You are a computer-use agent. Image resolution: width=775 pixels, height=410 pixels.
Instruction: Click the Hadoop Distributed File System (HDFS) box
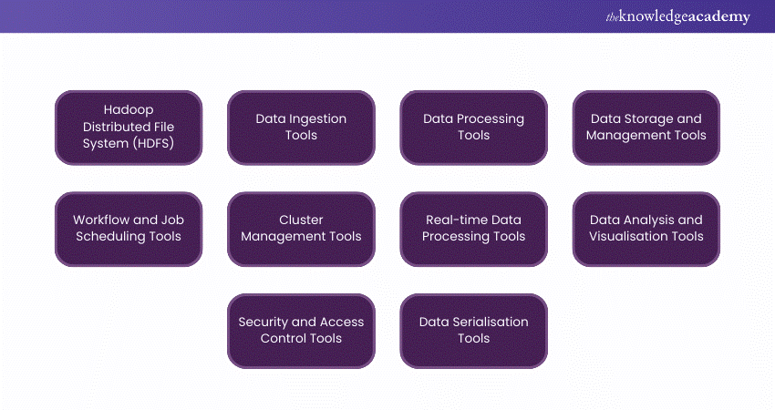[x=128, y=128]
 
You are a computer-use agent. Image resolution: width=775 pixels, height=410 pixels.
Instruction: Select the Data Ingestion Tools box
[x=301, y=128]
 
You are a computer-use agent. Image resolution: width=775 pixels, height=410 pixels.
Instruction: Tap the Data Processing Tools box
[x=473, y=128]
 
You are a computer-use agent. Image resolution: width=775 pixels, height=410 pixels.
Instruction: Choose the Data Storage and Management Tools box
[x=646, y=128]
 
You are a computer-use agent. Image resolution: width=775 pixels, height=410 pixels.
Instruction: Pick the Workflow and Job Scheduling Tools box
[x=128, y=229]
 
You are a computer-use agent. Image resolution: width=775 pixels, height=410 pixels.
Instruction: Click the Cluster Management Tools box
[x=301, y=229]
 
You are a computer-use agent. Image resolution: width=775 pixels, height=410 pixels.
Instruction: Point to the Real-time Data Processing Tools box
[x=473, y=229]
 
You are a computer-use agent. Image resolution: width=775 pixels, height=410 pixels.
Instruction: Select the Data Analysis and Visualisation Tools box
[x=646, y=229]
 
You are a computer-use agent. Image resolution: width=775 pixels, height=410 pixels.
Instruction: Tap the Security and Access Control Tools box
[x=301, y=330]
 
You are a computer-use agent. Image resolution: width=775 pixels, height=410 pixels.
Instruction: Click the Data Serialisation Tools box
[x=473, y=330]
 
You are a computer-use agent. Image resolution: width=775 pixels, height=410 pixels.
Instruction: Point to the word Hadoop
[x=128, y=109]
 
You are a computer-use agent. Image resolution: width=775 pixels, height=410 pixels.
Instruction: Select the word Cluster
[x=301, y=220]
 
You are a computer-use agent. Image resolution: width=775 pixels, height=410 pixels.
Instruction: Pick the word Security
[x=265, y=322]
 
